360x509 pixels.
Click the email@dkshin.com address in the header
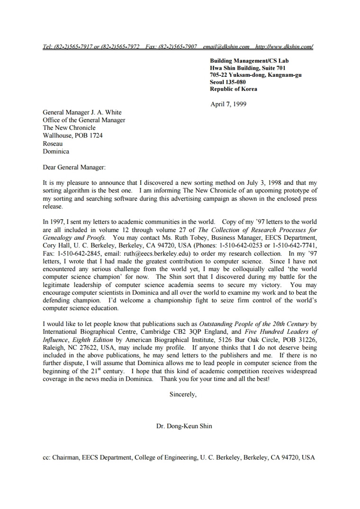pyautogui.click(x=226, y=46)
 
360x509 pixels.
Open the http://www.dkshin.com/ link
pyautogui.click(x=284, y=46)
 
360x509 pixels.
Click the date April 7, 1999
pyautogui.click(x=228, y=104)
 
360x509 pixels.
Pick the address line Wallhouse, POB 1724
pyautogui.click(x=72, y=136)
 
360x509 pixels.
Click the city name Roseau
pyautogui.click(x=53, y=144)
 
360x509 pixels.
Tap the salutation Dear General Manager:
pyautogui.click(x=74, y=167)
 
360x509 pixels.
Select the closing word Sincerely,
pyautogui.click(x=183, y=394)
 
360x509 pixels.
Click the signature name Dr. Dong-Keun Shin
pyautogui.click(x=184, y=426)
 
